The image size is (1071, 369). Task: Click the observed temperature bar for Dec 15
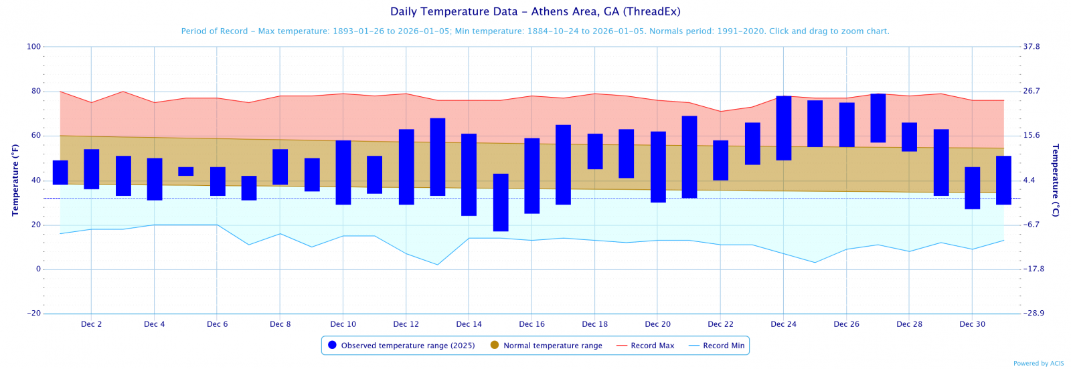point(501,203)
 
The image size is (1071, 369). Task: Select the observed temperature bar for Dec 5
point(186,172)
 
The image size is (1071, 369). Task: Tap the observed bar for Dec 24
point(784,128)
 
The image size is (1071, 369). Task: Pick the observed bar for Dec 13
point(438,157)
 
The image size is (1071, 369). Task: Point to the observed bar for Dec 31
point(1003,180)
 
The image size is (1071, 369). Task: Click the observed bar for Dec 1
point(60,172)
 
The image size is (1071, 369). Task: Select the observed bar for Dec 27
point(878,118)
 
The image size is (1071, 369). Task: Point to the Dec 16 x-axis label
point(532,324)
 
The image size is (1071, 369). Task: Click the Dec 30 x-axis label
point(973,324)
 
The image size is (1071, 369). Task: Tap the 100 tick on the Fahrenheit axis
point(33,47)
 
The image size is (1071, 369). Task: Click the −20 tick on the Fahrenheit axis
point(33,314)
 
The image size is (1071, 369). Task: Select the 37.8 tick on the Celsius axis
point(1032,47)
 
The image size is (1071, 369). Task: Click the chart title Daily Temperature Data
point(535,12)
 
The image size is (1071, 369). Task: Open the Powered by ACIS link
point(1038,364)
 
